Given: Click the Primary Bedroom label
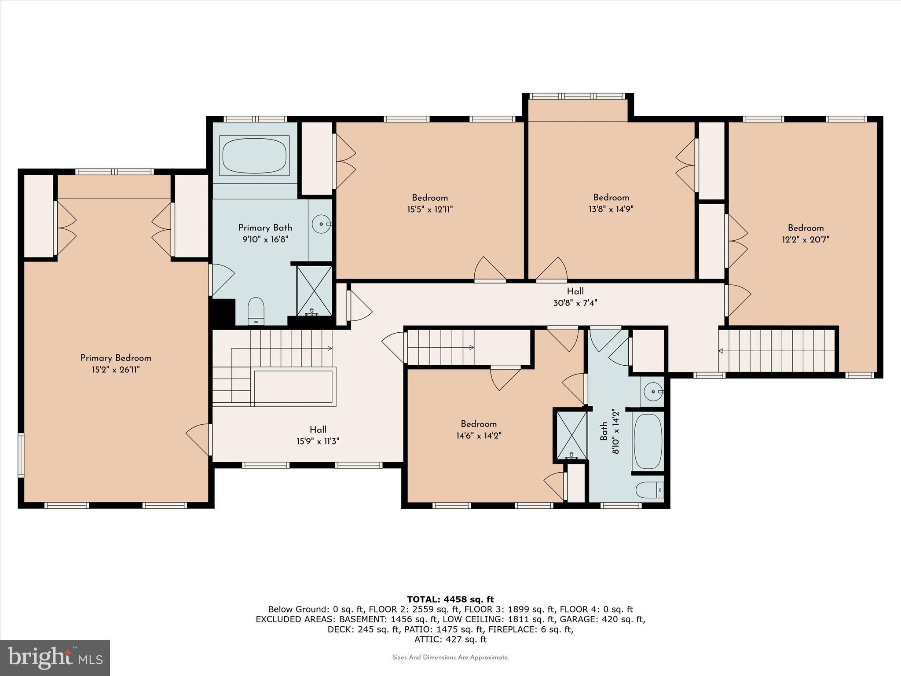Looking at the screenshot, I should (116, 358).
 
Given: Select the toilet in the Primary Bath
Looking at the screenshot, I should (256, 310).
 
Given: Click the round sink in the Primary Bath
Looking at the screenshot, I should (321, 224).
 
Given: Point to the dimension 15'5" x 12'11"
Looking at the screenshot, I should (429, 209).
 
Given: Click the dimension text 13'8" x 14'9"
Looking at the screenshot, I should (611, 209).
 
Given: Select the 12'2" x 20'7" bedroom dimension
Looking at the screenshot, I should (806, 240).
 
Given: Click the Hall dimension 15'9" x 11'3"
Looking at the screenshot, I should (318, 441).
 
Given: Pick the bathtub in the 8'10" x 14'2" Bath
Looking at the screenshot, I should (648, 441).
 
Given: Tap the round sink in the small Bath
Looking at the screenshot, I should (653, 391).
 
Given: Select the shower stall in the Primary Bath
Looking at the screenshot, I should (314, 290).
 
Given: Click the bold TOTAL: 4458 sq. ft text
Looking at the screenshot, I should (450, 599).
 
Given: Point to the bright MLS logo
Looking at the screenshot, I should (55, 658).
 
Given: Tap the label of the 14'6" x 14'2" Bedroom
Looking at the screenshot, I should (479, 424).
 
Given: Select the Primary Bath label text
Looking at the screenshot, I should (265, 228).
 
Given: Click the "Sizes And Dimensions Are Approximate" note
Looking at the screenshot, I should (450, 658).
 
